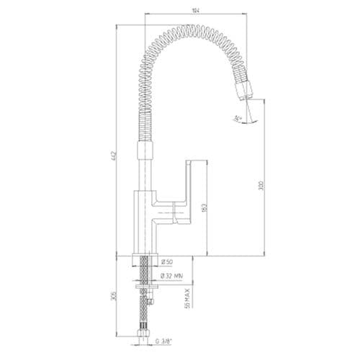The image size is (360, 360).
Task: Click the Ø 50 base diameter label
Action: tap(167, 261)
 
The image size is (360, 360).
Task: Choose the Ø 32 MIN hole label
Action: tap(173, 274)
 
